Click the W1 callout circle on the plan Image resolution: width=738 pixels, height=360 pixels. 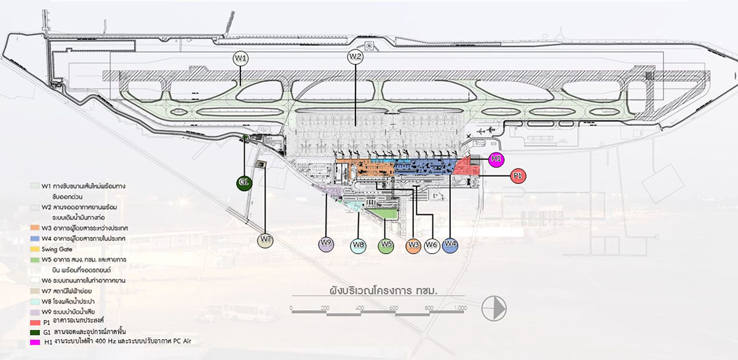coord(241,58)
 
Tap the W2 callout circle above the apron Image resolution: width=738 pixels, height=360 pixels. coord(355,57)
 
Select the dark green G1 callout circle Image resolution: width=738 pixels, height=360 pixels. coord(244,183)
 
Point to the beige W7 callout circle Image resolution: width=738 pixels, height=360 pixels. coord(266,240)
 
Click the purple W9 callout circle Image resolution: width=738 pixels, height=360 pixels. coord(326,243)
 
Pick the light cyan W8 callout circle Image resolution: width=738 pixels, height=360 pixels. coord(359,246)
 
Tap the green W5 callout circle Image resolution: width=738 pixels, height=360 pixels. coord(386,246)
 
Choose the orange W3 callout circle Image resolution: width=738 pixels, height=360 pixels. coord(414,246)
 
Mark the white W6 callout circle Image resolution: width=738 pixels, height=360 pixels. coord(432,246)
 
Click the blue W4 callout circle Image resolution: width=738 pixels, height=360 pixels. coord(450,244)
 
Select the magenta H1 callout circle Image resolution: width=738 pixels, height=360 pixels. coord(496,159)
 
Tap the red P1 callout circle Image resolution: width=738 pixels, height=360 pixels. coord(518,176)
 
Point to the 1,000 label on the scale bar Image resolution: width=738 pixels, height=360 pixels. coord(459,308)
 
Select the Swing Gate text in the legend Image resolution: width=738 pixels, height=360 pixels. coord(57,249)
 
